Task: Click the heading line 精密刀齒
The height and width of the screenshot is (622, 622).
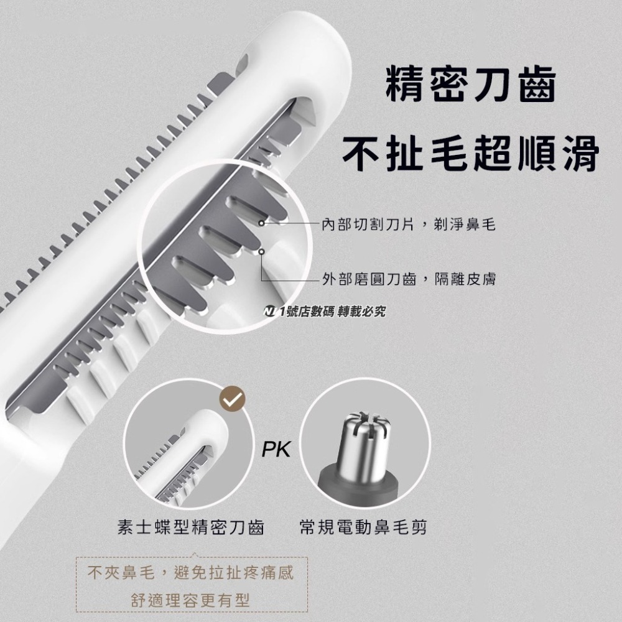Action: (470, 85)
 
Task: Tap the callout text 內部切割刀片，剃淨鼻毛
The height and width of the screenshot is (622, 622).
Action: (409, 224)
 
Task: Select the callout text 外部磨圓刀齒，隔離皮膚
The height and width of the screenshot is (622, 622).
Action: (409, 279)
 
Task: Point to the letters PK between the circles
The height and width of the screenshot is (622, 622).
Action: (276, 449)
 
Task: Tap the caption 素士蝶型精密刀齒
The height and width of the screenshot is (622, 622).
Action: (191, 528)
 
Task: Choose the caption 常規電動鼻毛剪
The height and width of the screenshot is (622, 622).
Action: (363, 528)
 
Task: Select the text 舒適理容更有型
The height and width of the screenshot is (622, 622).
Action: (190, 600)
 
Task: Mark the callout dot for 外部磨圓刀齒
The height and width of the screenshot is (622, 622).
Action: (262, 252)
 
